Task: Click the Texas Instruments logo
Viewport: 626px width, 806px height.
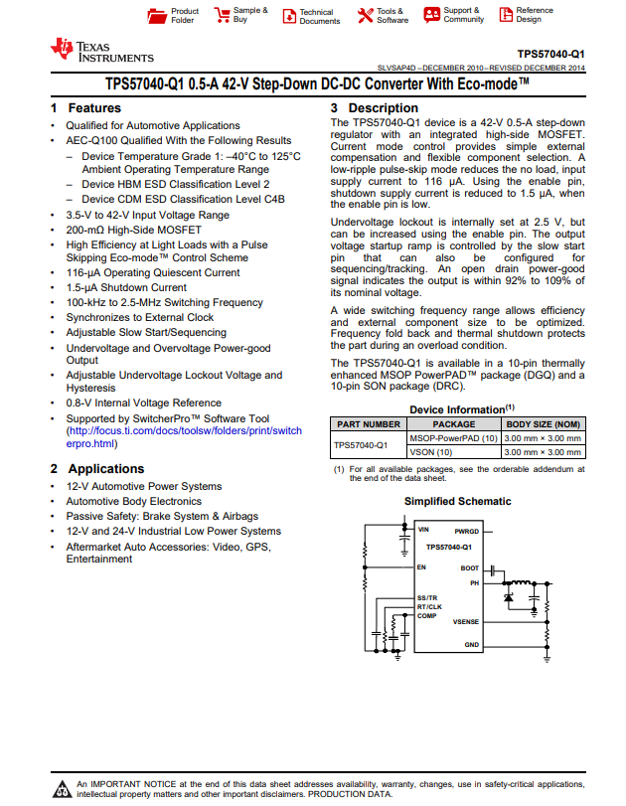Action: click(63, 50)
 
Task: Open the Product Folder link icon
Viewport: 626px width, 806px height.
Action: click(156, 16)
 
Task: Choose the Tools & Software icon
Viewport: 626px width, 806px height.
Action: click(365, 16)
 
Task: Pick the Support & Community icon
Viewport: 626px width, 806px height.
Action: click(431, 15)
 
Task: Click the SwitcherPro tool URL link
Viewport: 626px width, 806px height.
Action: click(184, 438)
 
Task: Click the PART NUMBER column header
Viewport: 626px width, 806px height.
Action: click(368, 424)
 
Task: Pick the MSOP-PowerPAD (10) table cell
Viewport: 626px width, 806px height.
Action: click(453, 438)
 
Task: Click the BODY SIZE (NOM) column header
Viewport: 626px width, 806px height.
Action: click(544, 424)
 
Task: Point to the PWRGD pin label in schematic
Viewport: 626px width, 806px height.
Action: click(466, 532)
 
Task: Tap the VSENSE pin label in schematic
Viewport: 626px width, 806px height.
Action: click(465, 622)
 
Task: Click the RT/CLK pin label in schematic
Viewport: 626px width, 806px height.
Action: click(429, 606)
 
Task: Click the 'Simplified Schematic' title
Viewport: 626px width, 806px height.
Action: click(457, 502)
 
